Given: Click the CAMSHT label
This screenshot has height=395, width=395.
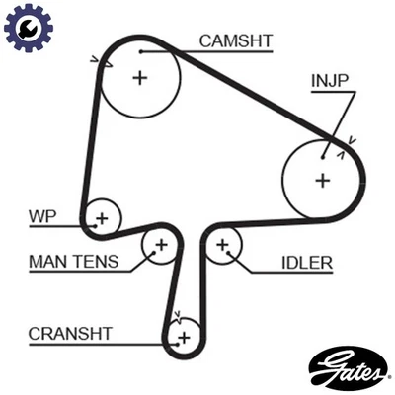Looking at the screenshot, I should click(236, 40).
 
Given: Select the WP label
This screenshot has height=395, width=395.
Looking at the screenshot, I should click(41, 215).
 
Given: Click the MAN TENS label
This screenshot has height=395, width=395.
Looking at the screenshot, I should click(73, 262).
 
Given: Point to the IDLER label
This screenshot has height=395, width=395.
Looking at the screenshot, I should click(306, 263).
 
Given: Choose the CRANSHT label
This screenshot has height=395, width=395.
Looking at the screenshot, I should click(70, 333).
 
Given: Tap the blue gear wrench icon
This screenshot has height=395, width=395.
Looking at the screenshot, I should click(28, 28).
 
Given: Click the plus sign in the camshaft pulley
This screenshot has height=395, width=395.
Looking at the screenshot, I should click(139, 77).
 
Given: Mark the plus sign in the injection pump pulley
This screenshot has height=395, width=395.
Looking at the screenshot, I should click(322, 180).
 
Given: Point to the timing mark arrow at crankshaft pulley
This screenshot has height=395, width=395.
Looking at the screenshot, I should click(177, 317).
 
